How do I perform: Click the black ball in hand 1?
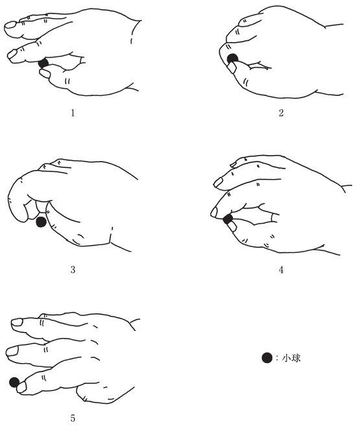pyautogui.click(x=43, y=63)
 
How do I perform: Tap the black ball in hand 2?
pyautogui.click(x=232, y=58)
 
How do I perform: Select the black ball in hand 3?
pyautogui.click(x=42, y=222)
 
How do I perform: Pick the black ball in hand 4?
pyautogui.click(x=228, y=219)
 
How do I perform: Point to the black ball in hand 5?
pyautogui.click(x=14, y=383)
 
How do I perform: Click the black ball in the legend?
pyautogui.click(x=267, y=358)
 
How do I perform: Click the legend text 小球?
pyautogui.click(x=291, y=358)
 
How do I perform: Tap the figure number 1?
pyautogui.click(x=73, y=113)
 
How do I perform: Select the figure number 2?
pyautogui.click(x=281, y=113)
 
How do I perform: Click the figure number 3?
pyautogui.click(x=73, y=270)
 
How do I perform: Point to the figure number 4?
pyautogui.click(x=281, y=270)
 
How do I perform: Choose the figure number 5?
pyautogui.click(x=73, y=418)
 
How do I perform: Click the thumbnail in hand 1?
pyautogui.click(x=44, y=73)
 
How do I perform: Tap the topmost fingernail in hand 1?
pyautogui.click(x=11, y=25)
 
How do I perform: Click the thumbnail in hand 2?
pyautogui.click(x=232, y=67)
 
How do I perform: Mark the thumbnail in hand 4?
pyautogui.click(x=232, y=226)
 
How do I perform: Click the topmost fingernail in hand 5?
pyautogui.click(x=17, y=322)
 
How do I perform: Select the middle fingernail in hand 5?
pyautogui.click(x=12, y=351)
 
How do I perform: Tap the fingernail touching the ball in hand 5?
pyautogui.click(x=21, y=387)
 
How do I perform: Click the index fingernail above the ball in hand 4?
pyautogui.click(x=214, y=212)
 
